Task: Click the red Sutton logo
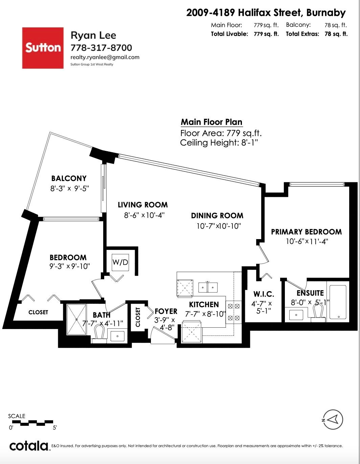click(43, 48)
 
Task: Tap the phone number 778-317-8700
click(101, 48)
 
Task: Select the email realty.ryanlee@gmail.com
click(105, 57)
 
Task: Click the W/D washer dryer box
click(120, 262)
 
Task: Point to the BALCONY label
click(69, 178)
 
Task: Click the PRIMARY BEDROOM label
click(306, 232)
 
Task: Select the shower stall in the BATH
click(76, 320)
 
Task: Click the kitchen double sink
click(208, 287)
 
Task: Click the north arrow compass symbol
click(333, 420)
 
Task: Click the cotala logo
click(29, 446)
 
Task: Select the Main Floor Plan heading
click(211, 122)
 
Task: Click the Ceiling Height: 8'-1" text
click(219, 143)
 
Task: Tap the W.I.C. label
click(264, 294)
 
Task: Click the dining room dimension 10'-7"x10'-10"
click(219, 226)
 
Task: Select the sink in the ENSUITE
click(297, 315)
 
